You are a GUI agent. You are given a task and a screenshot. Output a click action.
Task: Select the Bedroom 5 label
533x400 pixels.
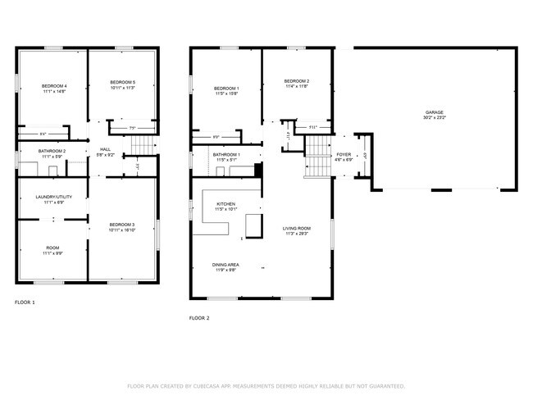pyautogui.click(x=122, y=83)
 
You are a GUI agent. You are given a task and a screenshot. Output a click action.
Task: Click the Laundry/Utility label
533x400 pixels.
pyautogui.click(x=49, y=197)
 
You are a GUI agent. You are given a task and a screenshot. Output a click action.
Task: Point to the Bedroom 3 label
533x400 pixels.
pyautogui.click(x=122, y=225)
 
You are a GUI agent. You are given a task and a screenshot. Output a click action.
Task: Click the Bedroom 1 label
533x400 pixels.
pyautogui.click(x=225, y=89)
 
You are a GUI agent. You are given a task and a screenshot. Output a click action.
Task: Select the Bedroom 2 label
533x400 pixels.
pyautogui.click(x=295, y=81)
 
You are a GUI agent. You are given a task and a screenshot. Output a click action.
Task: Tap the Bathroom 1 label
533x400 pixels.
pyautogui.click(x=226, y=155)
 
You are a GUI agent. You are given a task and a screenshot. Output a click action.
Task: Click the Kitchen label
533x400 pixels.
pyautogui.click(x=225, y=204)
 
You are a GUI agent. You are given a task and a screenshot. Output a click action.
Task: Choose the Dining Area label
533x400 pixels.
pyautogui.click(x=225, y=265)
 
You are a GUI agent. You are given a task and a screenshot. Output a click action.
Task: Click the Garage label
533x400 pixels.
pyautogui.click(x=435, y=111)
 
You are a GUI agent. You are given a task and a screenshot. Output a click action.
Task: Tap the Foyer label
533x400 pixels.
pyautogui.click(x=344, y=154)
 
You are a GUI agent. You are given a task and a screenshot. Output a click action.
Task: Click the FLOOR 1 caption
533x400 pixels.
pyautogui.click(x=25, y=302)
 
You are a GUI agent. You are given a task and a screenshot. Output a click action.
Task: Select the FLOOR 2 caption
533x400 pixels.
pyautogui.click(x=199, y=317)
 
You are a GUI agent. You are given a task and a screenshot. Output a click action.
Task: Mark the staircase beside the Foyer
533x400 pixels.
pyautogui.click(x=316, y=157)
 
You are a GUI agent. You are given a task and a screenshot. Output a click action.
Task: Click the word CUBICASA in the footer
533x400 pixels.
pyautogui.click(x=212, y=385)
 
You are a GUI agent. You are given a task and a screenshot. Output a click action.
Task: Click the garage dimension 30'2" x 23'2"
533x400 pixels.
pyautogui.click(x=435, y=117)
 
